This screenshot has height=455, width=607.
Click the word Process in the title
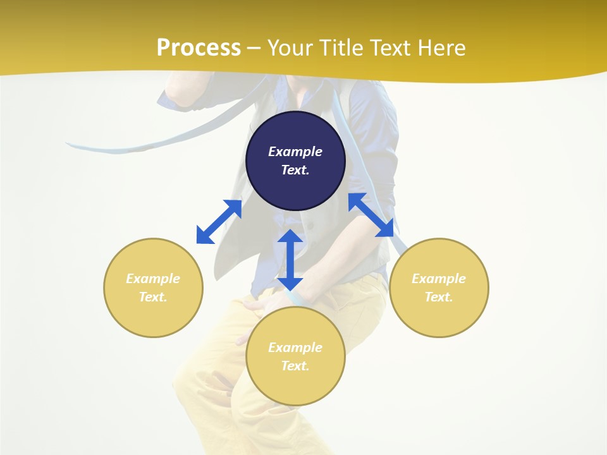pyautogui.click(x=199, y=48)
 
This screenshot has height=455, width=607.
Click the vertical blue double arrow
pyautogui.click(x=290, y=260)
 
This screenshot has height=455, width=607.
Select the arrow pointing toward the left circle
pyautogui.click(x=219, y=222)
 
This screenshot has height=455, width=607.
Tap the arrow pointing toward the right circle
pyautogui.click(x=371, y=215)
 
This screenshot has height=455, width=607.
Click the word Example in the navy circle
pyautogui.click(x=295, y=152)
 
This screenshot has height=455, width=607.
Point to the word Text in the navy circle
pyautogui.click(x=295, y=170)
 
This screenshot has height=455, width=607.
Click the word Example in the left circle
pyautogui.click(x=153, y=279)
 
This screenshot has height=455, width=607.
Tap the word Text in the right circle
pyautogui.click(x=439, y=297)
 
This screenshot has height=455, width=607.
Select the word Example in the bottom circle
pyautogui.click(x=295, y=348)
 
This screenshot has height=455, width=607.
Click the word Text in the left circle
pyautogui.click(x=153, y=297)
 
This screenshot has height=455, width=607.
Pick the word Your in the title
pyautogui.click(x=288, y=48)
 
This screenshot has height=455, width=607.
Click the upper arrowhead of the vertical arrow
pyautogui.click(x=290, y=237)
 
